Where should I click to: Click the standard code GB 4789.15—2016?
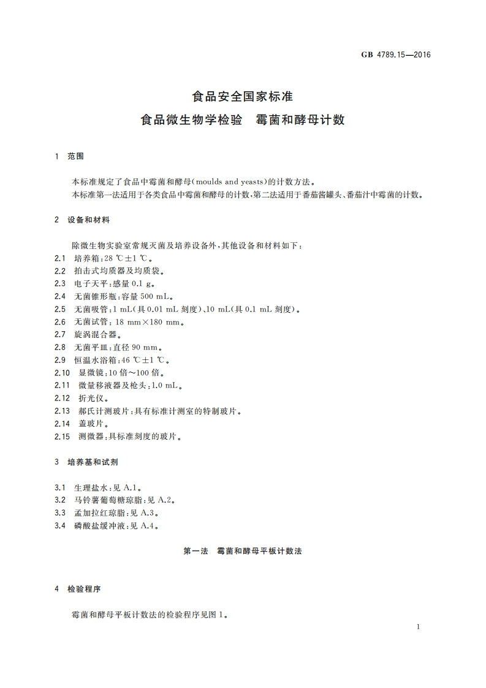pyautogui.click(x=395, y=55)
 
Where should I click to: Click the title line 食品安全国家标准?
pyautogui.click(x=243, y=97)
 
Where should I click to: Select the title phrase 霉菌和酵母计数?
pyautogui.click(x=300, y=120)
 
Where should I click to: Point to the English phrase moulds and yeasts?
pyautogui.click(x=231, y=182)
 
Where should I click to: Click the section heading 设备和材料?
pyautogui.click(x=88, y=220)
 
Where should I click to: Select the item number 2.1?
pyautogui.click(x=60, y=258)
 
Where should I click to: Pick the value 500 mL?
pyautogui.click(x=147, y=296)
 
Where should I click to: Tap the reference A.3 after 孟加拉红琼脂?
pyautogui.click(x=153, y=513)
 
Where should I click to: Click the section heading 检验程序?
pyautogui.click(x=84, y=589)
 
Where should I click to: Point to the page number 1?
pyautogui.click(x=417, y=627)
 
